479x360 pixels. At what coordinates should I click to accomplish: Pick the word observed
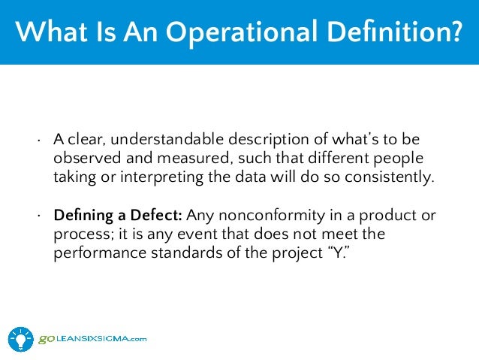[x=84, y=159]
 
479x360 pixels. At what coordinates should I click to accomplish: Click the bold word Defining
[x=83, y=216]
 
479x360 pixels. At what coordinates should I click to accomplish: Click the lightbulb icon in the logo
[x=21, y=338]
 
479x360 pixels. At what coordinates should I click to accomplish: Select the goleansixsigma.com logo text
[x=92, y=339]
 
